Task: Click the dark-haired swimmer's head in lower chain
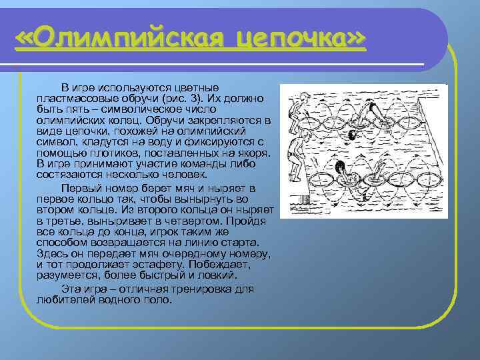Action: [x=341, y=167]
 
